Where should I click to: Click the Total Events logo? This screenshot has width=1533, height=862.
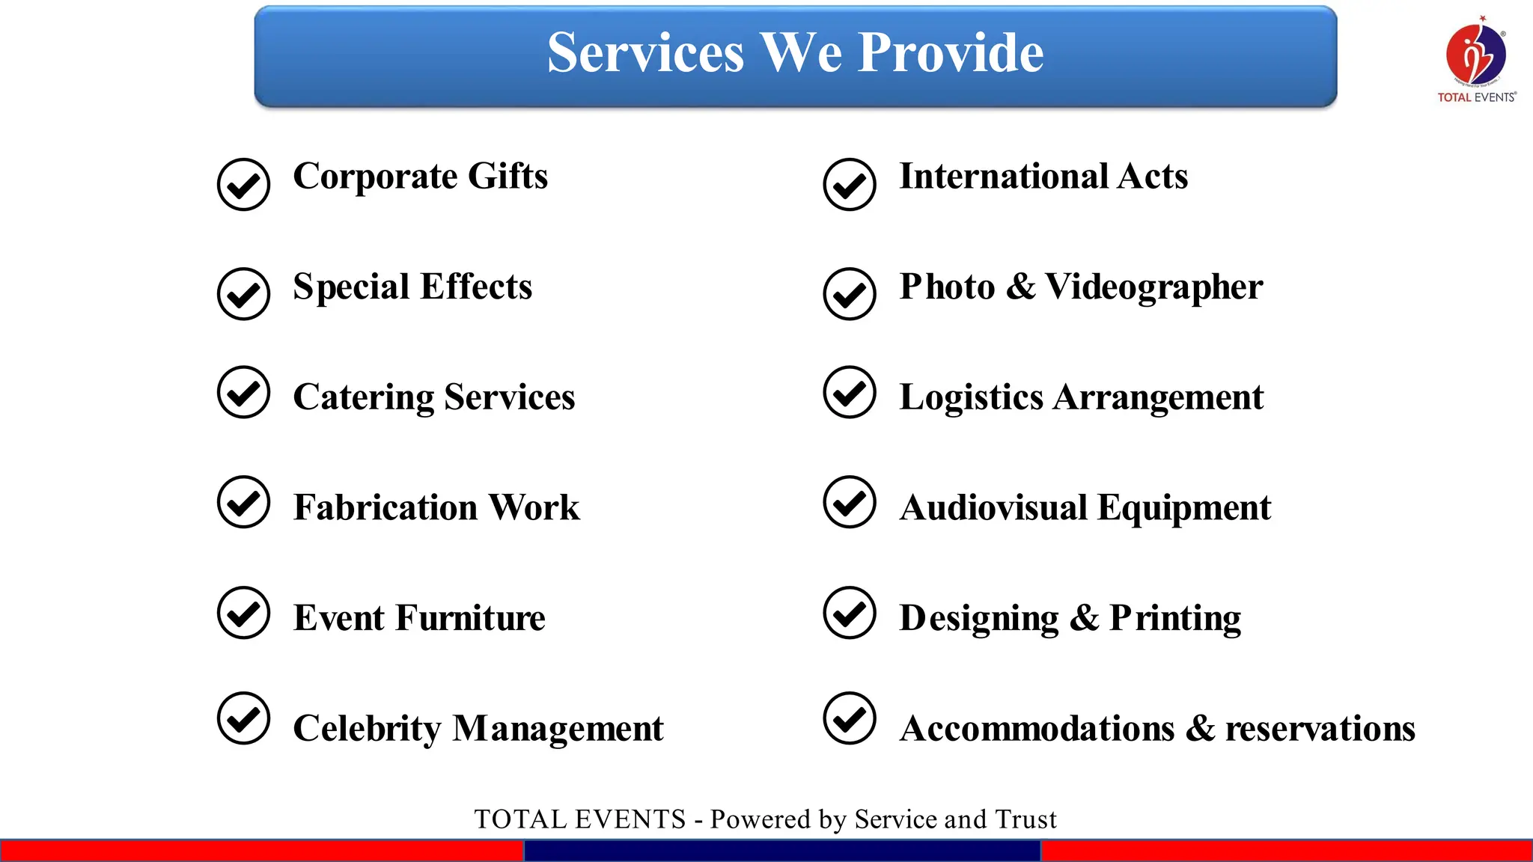click(1476, 58)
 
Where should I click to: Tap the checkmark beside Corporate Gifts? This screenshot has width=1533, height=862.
click(243, 184)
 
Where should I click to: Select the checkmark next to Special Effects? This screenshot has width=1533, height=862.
click(243, 294)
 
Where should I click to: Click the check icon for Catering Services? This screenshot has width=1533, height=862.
click(243, 392)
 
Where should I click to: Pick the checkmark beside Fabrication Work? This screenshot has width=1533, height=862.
click(243, 502)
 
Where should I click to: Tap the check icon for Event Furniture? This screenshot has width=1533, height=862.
click(243, 613)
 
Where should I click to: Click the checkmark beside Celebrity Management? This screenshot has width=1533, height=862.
click(243, 718)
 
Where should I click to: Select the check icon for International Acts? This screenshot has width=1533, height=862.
click(850, 184)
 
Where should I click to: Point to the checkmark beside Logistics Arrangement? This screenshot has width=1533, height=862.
click(850, 392)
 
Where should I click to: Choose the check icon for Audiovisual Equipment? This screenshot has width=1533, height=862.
click(850, 502)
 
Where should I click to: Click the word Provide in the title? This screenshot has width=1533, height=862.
click(951, 53)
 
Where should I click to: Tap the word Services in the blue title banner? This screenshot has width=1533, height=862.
click(645, 53)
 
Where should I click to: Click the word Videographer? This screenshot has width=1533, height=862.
click(1153, 288)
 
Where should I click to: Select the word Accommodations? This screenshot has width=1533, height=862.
click(1037, 729)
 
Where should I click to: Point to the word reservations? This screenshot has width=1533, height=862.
click(1320, 729)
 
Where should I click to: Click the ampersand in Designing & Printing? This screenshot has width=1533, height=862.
click(1084, 618)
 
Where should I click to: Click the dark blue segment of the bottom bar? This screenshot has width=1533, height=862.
click(782, 851)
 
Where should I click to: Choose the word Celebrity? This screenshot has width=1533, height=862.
click(367, 729)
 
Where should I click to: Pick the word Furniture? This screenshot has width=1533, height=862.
click(470, 618)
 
